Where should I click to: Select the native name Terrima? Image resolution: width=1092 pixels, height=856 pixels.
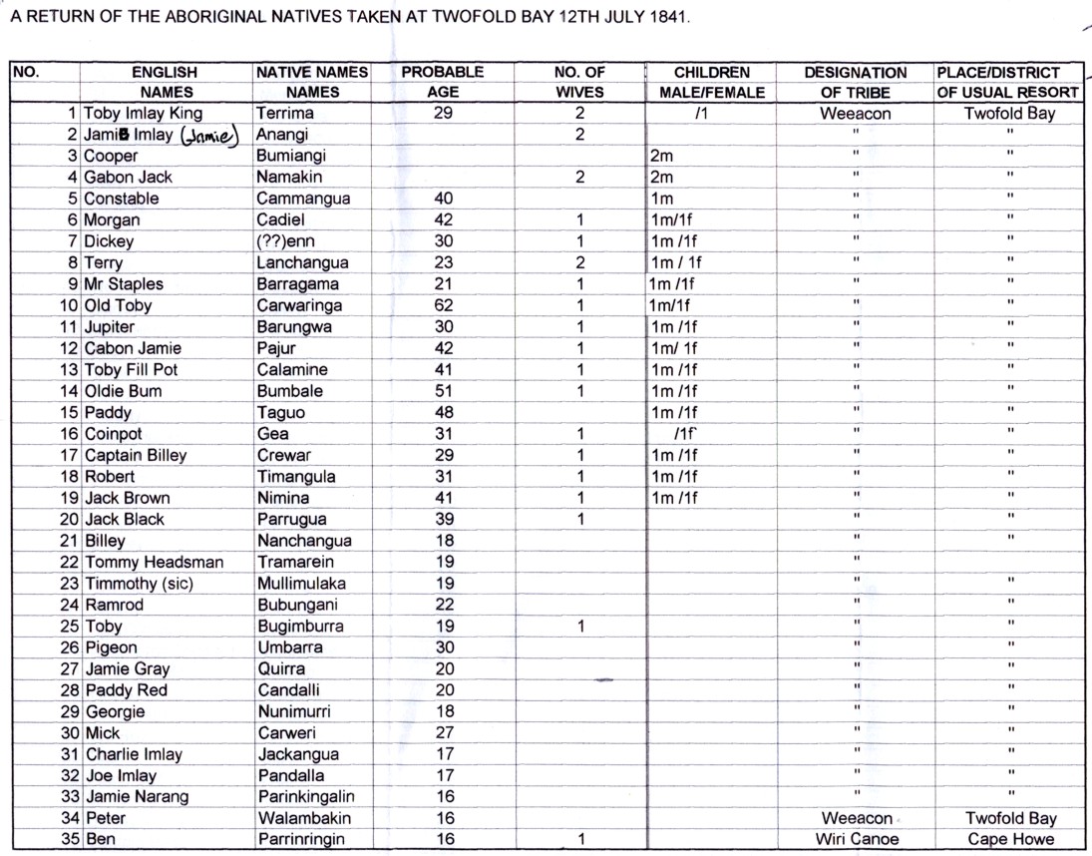tap(284, 114)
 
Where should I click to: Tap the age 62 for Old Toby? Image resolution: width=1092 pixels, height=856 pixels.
tap(444, 305)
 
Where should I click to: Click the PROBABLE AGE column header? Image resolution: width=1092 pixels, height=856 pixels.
tap(443, 73)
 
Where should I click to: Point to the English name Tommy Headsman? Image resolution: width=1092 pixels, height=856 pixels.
tap(154, 562)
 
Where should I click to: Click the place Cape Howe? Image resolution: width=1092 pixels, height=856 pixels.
tap(1009, 839)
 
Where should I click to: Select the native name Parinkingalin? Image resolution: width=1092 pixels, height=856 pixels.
tap(305, 796)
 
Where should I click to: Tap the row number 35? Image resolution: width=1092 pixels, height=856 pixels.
tap(70, 839)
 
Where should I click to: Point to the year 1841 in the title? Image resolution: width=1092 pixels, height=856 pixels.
tap(667, 19)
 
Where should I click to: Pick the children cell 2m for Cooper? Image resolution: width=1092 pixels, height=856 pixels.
tap(660, 157)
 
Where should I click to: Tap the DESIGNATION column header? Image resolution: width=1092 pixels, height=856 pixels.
tap(856, 73)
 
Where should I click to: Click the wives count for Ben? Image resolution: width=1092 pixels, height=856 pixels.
tap(579, 839)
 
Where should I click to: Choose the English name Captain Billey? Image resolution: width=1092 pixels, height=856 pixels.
tap(136, 455)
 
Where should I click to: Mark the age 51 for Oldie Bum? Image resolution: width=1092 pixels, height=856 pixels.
tap(444, 391)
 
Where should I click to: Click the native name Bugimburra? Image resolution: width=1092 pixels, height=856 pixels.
tap(299, 627)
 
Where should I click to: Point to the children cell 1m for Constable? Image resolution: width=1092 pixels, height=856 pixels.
tap(660, 199)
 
